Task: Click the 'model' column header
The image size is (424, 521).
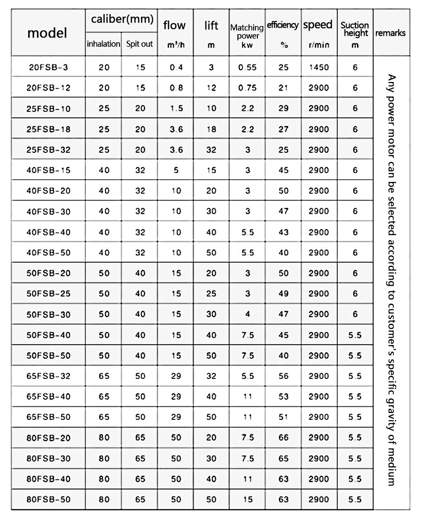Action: tap(48, 33)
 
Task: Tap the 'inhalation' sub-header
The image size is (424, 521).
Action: tap(103, 44)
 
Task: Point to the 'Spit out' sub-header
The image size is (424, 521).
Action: tap(140, 44)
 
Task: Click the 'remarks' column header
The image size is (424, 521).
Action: tap(390, 33)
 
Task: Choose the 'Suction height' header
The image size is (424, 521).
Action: tap(355, 29)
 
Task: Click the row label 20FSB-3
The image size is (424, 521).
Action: tap(48, 67)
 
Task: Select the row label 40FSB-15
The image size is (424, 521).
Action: tap(48, 170)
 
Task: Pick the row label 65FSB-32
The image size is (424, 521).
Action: tap(48, 376)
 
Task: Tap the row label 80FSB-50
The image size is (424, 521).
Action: tap(48, 499)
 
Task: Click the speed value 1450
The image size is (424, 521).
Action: tap(319, 67)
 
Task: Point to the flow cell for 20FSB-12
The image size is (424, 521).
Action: tap(176, 88)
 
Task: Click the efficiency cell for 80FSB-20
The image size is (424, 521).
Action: tap(284, 437)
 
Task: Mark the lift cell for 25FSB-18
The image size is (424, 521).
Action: tap(211, 129)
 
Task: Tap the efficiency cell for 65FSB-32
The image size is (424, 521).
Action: tap(284, 376)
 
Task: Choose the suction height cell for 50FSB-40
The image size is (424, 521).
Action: tap(355, 335)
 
